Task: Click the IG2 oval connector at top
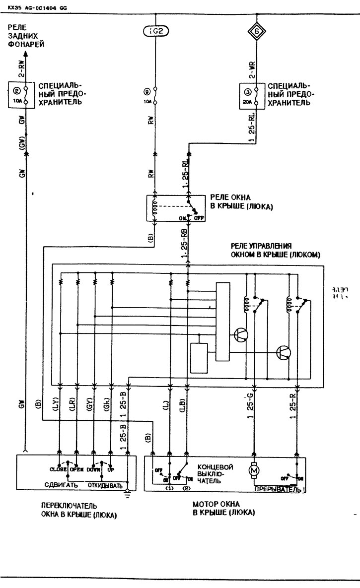[x=155, y=31]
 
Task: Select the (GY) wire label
[x=89, y=406]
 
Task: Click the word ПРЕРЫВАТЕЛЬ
[x=277, y=489]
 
